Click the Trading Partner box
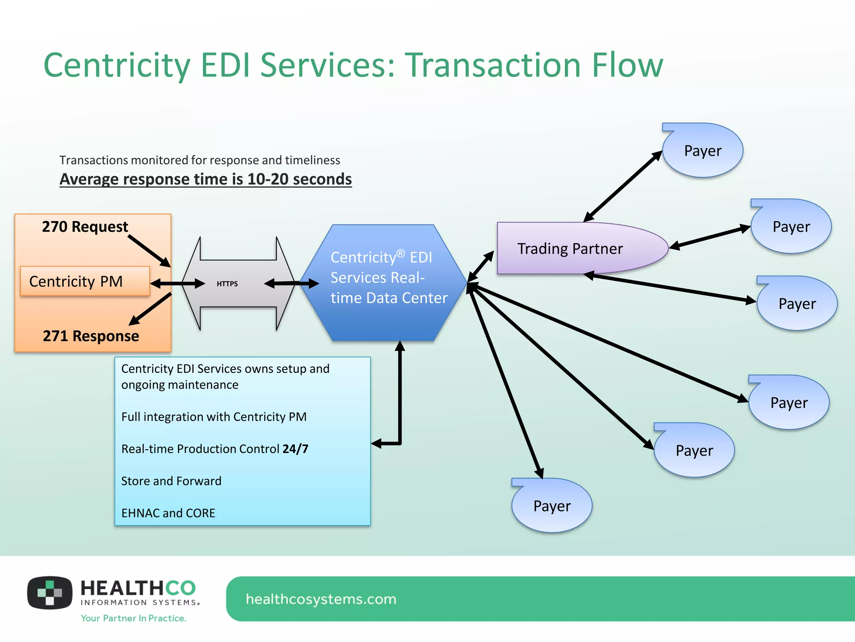point(576,249)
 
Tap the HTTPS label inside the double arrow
point(227,284)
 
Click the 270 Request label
point(85,227)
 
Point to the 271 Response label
point(91,336)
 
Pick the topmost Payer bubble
point(703,151)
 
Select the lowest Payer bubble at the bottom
point(551,506)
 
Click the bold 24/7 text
point(295,449)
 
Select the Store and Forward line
point(171,481)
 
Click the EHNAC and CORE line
point(168,513)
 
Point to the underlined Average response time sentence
point(205,179)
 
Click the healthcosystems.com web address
point(321,599)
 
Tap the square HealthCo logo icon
point(50,593)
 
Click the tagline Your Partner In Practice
point(134,618)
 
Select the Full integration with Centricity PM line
point(214,417)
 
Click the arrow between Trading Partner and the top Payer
point(622,186)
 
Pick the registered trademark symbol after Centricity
point(400,253)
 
